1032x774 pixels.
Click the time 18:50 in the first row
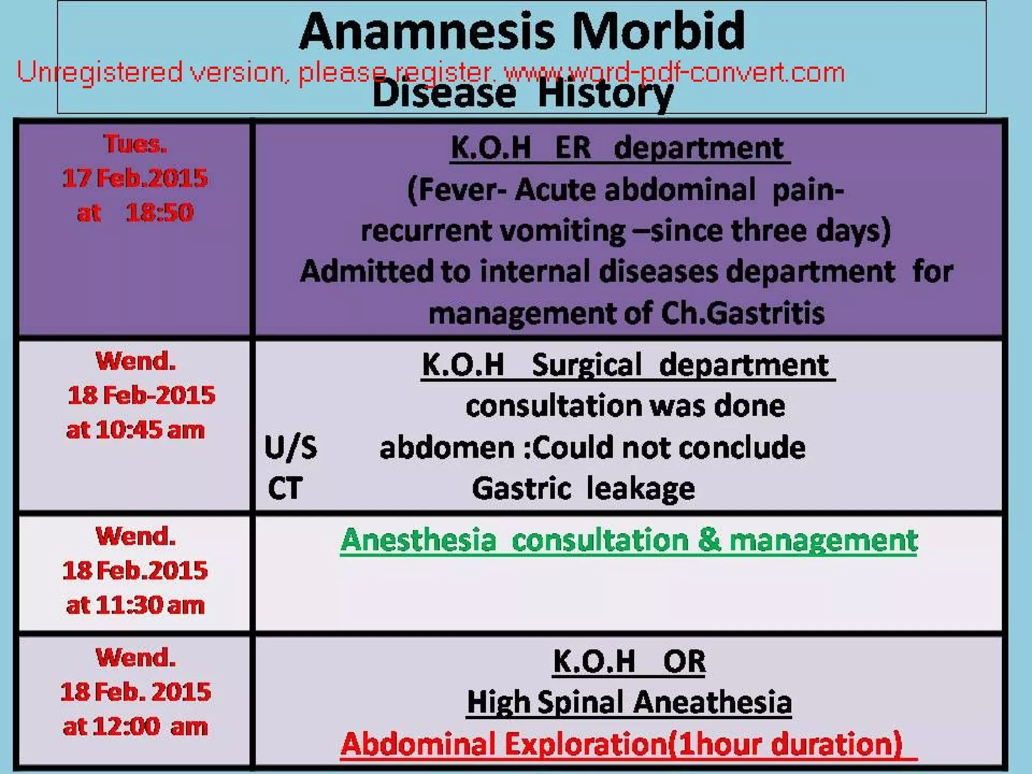coord(159,212)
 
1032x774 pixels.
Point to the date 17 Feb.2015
coord(135,178)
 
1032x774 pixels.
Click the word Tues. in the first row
coord(135,144)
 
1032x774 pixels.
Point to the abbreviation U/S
coord(291,447)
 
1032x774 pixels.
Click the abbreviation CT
coord(285,488)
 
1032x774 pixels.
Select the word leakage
coord(640,488)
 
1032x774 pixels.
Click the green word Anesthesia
coord(418,540)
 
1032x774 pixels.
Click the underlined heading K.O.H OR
coord(629,661)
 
